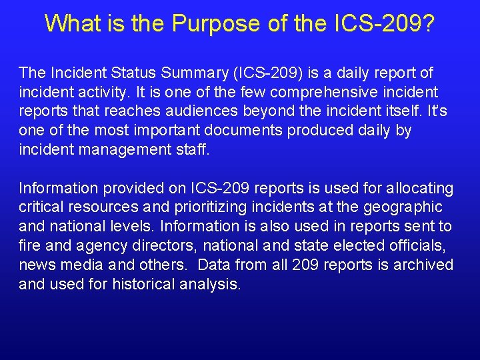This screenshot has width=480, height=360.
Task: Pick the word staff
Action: [192, 149]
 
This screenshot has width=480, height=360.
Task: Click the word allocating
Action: [421, 188]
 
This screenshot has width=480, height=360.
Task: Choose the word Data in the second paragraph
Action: [214, 265]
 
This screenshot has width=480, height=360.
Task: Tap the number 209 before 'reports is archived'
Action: [306, 265]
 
